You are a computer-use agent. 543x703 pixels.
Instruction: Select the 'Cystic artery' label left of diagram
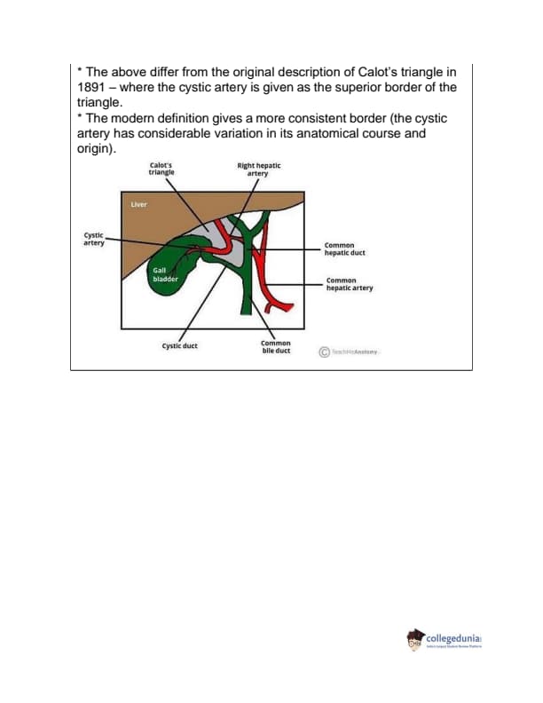[x=92, y=238]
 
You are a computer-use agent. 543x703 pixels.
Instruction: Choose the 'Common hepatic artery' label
[x=350, y=285]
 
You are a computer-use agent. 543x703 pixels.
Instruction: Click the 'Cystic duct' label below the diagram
[x=179, y=346]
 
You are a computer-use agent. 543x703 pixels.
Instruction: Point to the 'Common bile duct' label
[x=276, y=347]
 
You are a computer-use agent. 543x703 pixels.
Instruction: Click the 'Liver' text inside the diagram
[x=138, y=205]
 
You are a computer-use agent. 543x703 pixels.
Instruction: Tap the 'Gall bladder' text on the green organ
[x=165, y=275]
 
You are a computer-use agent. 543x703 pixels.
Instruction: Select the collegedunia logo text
[x=459, y=637]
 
